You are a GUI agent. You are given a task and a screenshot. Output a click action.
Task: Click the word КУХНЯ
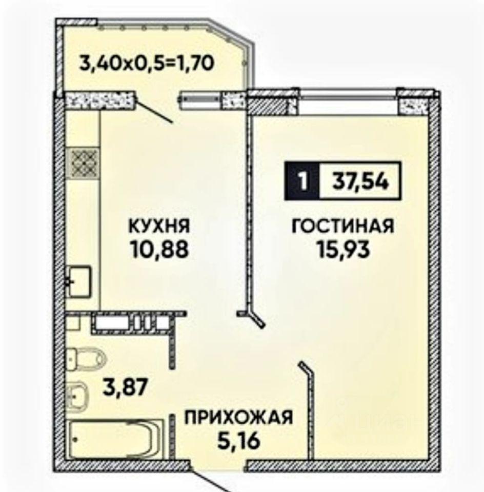click(159, 226)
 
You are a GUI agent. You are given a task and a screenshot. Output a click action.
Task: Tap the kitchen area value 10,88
click(160, 250)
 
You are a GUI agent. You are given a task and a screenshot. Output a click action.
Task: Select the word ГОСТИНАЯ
click(343, 226)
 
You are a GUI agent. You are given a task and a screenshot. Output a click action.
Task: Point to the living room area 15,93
click(343, 250)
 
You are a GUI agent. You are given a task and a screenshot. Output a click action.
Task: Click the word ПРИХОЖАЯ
click(238, 418)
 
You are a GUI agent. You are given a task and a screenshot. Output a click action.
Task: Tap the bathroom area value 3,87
click(125, 387)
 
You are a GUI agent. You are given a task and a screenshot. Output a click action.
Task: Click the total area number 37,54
click(360, 181)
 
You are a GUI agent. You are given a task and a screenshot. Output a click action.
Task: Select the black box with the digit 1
click(302, 181)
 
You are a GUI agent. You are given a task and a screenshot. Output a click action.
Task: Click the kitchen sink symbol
click(79, 281)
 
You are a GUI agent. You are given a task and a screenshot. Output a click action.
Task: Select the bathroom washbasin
click(77, 396)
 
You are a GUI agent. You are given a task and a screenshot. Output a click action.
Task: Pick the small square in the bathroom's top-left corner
click(73, 322)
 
